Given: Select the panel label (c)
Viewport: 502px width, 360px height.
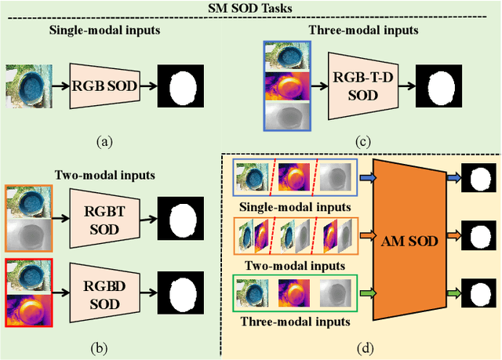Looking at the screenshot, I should point(362,142).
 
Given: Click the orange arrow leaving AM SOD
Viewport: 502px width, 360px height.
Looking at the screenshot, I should point(453,233).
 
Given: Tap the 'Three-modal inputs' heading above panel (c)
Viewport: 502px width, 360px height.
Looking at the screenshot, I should point(362,31).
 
